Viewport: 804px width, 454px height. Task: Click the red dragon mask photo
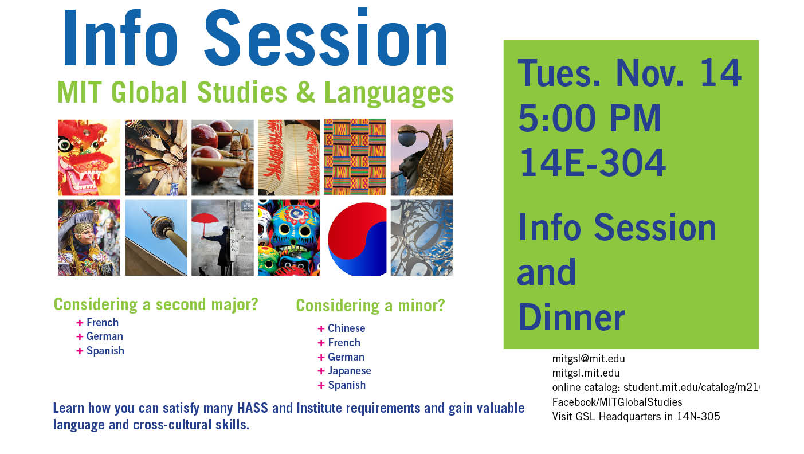(x=89, y=157)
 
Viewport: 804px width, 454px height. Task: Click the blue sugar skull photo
(x=289, y=238)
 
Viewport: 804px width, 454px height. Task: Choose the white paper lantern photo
(x=289, y=157)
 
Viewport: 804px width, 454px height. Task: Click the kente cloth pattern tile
(x=355, y=157)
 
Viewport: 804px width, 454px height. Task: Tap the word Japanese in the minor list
(x=349, y=371)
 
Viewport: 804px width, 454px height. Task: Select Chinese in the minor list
(x=346, y=328)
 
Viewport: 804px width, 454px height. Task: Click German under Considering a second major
(x=105, y=336)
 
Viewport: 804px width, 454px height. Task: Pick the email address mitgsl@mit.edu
(x=589, y=358)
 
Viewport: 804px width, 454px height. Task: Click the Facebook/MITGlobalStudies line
(x=617, y=402)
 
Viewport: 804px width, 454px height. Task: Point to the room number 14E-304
(x=592, y=163)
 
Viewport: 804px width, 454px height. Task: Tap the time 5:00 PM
(x=589, y=118)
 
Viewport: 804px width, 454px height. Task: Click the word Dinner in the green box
(x=571, y=317)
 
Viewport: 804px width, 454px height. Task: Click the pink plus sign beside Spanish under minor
(x=321, y=385)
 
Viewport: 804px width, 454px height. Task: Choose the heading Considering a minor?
(x=370, y=306)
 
